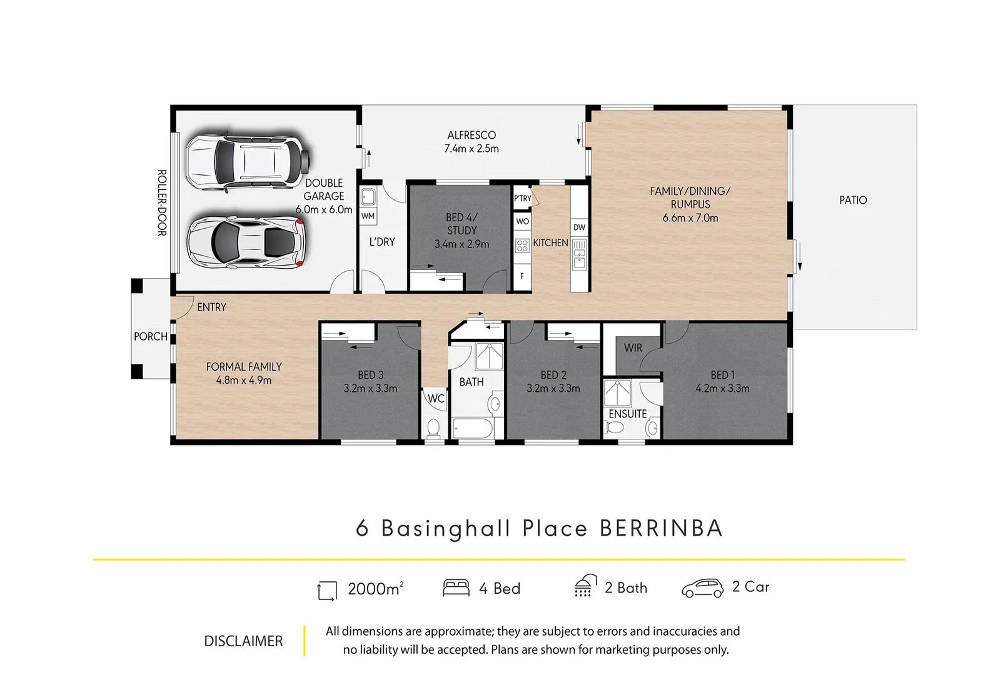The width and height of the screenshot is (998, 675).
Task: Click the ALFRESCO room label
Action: (x=471, y=135)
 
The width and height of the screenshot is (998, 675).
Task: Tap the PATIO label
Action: (x=852, y=200)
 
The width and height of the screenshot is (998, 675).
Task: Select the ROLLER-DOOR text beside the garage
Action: (x=162, y=203)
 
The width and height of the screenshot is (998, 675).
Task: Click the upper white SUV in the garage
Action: (x=247, y=161)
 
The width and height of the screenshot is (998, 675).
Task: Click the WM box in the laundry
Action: (x=368, y=216)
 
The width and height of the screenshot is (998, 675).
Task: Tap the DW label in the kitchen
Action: (x=579, y=227)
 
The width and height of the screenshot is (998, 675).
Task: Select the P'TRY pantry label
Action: (x=522, y=198)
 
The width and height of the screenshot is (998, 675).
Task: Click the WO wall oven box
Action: (x=522, y=221)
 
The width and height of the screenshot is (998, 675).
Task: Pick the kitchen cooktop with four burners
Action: (x=522, y=246)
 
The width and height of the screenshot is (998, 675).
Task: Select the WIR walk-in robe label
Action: (x=633, y=348)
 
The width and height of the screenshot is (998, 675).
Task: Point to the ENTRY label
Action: (x=211, y=307)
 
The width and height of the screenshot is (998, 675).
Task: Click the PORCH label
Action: (x=151, y=336)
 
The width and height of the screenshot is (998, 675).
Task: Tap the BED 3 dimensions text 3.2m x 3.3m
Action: (x=370, y=388)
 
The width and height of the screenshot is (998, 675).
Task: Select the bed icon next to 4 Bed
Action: (x=456, y=587)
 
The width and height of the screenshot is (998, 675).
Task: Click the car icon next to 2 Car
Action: (x=702, y=588)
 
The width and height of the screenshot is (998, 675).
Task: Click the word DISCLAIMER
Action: (x=243, y=641)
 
